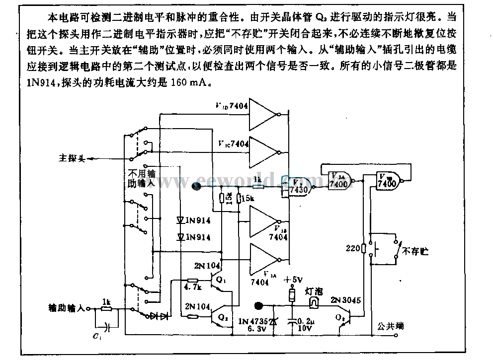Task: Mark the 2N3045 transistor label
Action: pos(346,300)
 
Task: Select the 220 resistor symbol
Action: pos(364,248)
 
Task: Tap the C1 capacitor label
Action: pos(95,338)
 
